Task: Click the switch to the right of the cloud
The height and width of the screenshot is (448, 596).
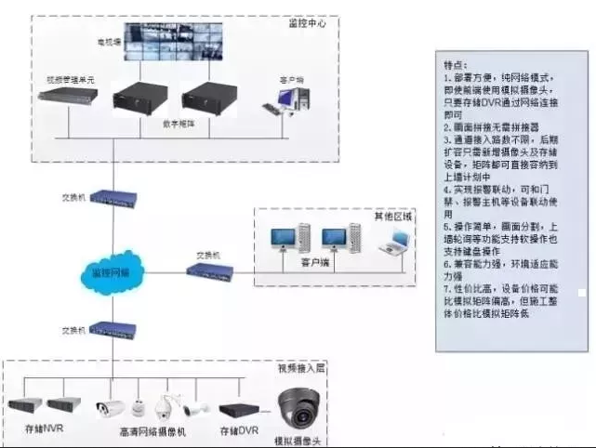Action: (x=209, y=270)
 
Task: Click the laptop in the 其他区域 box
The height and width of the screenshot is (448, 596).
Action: (x=396, y=244)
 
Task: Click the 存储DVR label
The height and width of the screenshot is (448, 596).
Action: (x=236, y=430)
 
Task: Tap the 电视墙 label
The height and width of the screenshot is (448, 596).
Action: (x=110, y=43)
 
